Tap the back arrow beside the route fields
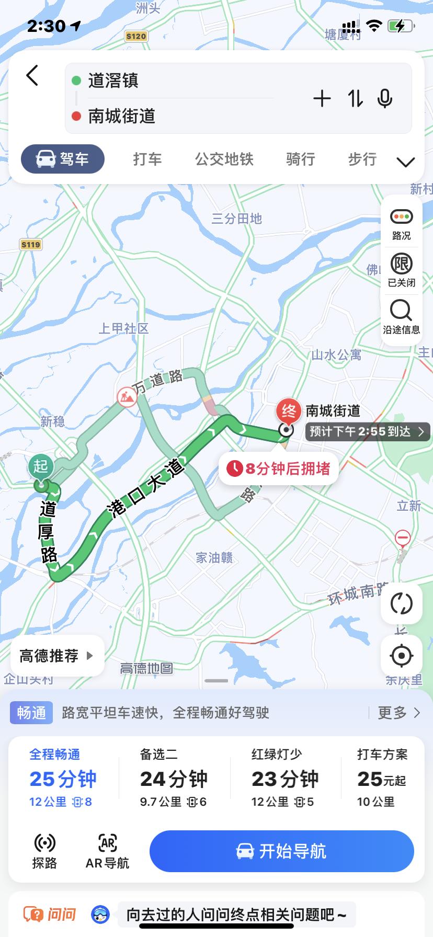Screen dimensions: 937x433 [32, 76]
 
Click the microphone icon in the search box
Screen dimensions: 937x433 [384, 98]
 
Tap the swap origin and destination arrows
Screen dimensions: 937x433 [356, 98]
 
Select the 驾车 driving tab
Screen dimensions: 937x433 [63, 159]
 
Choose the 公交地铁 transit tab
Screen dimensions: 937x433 [224, 159]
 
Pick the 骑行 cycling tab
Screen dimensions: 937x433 [300, 159]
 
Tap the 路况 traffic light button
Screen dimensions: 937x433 [401, 223]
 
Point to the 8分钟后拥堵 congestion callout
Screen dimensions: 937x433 [278, 468]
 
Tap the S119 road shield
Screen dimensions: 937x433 [31, 244]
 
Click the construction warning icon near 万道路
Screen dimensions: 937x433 [127, 397]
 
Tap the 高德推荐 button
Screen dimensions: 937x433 [56, 656]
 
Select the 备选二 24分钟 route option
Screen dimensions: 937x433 [174, 778]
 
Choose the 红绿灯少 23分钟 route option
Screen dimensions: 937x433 [284, 778]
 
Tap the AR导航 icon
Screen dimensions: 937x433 [107, 851]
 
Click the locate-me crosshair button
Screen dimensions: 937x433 [401, 656]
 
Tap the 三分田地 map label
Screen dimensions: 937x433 [236, 219]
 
